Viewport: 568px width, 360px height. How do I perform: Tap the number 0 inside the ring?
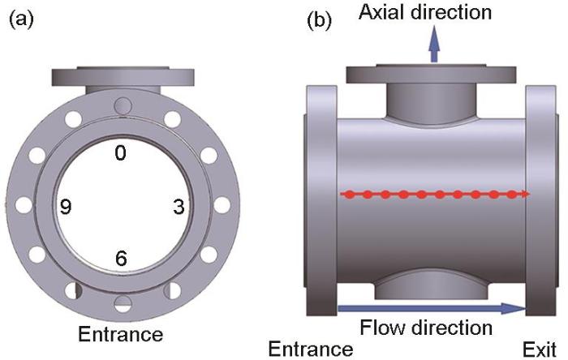click(120, 152)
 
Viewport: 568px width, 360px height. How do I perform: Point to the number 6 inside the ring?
click(120, 259)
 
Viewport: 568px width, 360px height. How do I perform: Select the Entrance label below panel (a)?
click(120, 333)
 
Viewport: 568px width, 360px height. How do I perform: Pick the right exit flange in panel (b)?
click(542, 195)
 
